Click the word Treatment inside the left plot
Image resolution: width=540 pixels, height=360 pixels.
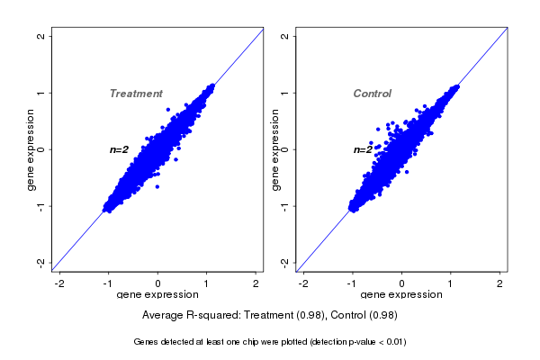pos(136,94)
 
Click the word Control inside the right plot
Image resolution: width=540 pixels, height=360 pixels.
pos(372,94)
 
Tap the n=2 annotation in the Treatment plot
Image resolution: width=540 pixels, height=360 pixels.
pos(120,149)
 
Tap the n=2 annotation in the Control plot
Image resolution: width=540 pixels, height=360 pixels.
pos(363,149)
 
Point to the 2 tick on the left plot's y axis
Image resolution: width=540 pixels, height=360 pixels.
pos(41,36)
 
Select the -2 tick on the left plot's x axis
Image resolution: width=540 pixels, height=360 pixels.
pos(60,283)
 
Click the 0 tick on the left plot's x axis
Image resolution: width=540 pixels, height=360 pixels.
pos(158,283)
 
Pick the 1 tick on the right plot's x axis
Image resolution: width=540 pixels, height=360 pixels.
pos(451,283)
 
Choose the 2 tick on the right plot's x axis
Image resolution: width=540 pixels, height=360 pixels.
pos(500,283)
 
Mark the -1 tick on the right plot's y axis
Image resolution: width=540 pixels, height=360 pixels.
pos(284,206)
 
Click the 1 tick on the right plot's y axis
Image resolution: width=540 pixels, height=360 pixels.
pos(284,93)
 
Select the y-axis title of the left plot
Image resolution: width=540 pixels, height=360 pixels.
pos(31,149)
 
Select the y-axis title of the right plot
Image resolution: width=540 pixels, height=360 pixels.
pos(275,149)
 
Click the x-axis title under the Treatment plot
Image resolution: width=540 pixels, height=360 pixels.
pos(157,294)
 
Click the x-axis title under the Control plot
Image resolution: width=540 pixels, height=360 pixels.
pos(401,294)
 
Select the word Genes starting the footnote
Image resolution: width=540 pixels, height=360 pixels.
pos(145,342)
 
